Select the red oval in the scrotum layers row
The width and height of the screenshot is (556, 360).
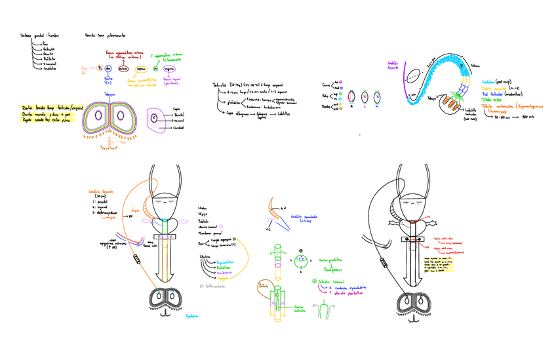123,70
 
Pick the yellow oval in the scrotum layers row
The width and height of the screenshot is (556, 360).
140,70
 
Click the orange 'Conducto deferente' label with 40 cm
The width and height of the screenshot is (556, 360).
101,192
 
